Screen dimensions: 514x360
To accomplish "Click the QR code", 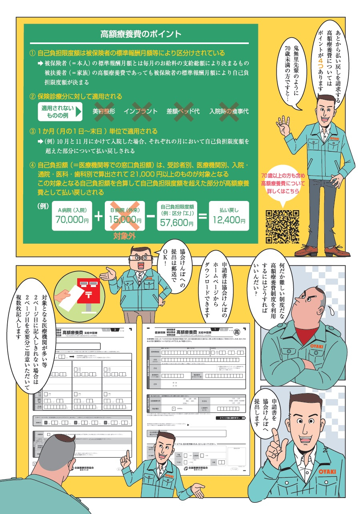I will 282,227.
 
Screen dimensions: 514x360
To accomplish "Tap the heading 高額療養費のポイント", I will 141,34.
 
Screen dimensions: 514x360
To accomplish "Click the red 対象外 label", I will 124,236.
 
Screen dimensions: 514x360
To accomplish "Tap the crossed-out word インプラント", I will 141,111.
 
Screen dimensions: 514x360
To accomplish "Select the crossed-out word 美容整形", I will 104,111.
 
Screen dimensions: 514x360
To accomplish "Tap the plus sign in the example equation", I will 98,217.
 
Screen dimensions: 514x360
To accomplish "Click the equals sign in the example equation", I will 203,217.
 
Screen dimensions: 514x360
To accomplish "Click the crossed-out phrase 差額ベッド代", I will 183,111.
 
